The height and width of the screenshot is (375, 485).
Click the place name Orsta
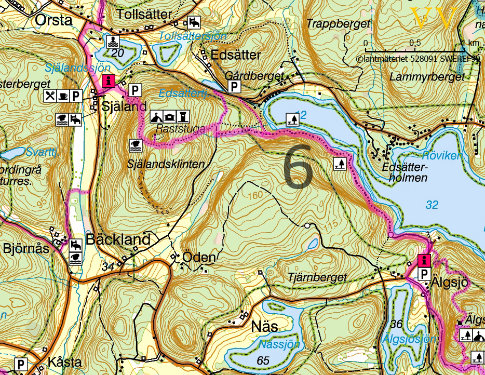point(53,20)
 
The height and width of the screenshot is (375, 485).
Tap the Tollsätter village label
point(145,14)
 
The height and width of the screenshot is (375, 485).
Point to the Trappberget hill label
point(339,24)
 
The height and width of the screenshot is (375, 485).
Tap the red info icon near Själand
point(109,80)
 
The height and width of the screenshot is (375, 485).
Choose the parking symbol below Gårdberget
point(235,86)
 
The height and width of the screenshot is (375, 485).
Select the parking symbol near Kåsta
point(21,364)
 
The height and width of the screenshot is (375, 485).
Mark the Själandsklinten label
point(165,164)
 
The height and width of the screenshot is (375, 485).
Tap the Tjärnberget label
point(316,278)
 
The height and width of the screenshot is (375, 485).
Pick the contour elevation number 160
point(256,195)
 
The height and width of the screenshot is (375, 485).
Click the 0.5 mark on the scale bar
point(415,42)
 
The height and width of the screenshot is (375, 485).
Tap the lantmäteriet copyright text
point(418,59)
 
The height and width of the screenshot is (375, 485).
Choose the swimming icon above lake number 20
point(113,41)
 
